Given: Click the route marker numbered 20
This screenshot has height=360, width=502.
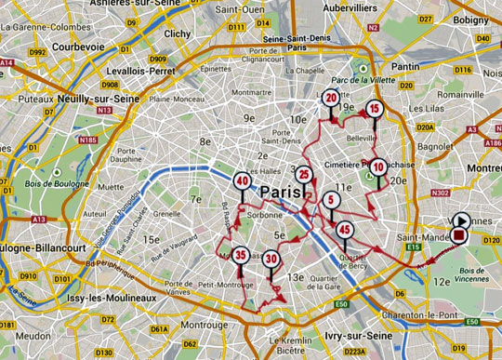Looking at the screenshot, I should pyautogui.click(x=332, y=100).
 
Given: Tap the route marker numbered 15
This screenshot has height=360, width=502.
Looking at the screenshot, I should pyautogui.click(x=374, y=109).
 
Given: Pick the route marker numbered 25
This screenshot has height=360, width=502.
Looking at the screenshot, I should pyautogui.click(x=304, y=174).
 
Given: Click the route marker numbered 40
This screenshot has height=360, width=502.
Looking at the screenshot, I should pyautogui.click(x=242, y=182).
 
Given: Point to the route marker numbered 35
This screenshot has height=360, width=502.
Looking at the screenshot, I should pyautogui.click(x=241, y=255).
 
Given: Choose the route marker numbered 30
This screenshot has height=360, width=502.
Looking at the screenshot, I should pyautogui.click(x=271, y=260).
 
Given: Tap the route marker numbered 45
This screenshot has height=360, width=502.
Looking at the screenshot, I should pyautogui.click(x=345, y=230).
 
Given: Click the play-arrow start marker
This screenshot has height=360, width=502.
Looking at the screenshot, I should pyautogui.click(x=461, y=220).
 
